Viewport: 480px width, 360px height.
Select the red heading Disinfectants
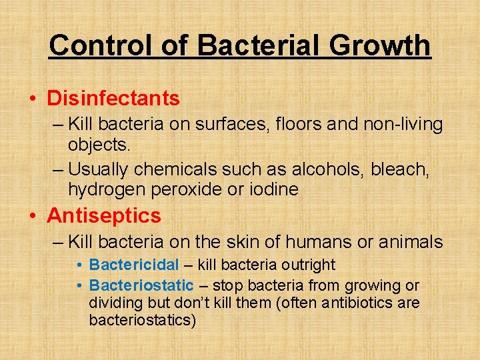pos(113,99)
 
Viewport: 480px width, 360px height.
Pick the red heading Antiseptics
pos(104,215)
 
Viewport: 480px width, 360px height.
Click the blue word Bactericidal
pos(134,265)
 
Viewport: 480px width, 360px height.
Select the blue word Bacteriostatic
pos(141,285)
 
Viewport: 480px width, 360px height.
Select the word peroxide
pos(185,189)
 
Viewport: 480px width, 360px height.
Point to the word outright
pos(309,265)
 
